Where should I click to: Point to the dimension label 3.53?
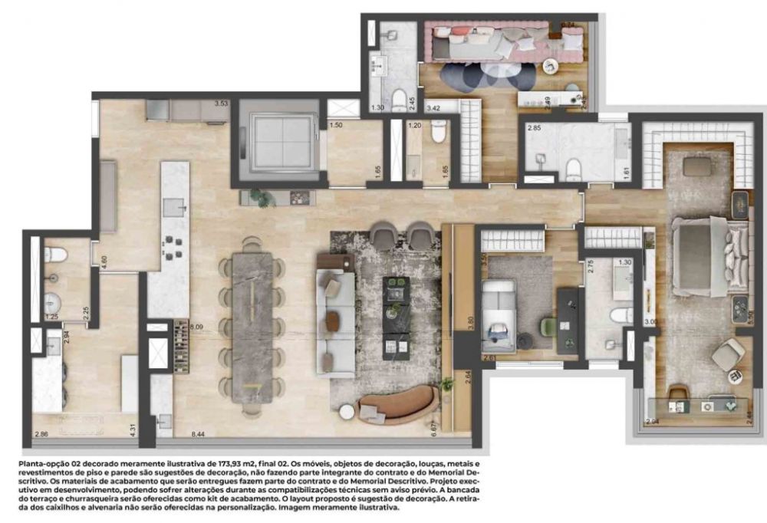pos(222,103)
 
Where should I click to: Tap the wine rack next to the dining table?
pos(178,335)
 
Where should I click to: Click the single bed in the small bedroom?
pos(499,315)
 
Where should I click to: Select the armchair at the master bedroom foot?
pos(726,354)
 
